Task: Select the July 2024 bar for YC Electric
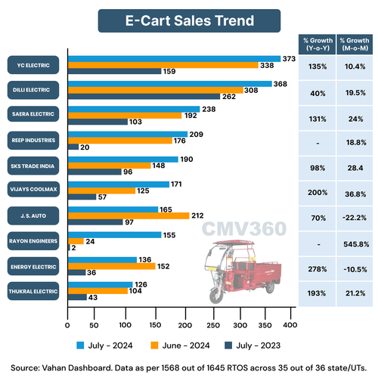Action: [173, 58]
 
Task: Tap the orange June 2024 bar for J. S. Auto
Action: [129, 215]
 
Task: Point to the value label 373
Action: [288, 58]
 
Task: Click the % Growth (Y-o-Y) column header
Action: [315, 43]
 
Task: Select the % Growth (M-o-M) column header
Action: [355, 43]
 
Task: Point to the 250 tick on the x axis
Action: [211, 326]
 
